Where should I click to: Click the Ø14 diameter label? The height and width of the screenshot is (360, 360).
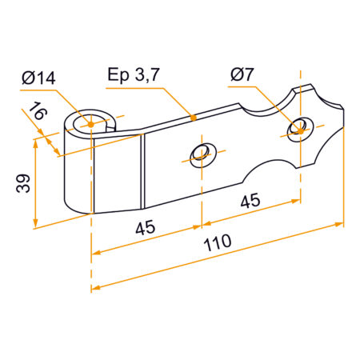coord(41,78)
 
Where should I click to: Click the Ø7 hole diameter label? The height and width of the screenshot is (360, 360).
coord(242,74)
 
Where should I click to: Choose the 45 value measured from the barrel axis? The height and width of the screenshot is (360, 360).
coord(146,228)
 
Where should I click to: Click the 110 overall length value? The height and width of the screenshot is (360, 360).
coord(216,241)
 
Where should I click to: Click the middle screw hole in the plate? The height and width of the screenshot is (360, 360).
coord(199,152)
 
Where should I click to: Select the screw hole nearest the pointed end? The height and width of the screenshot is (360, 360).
coord(300,126)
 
